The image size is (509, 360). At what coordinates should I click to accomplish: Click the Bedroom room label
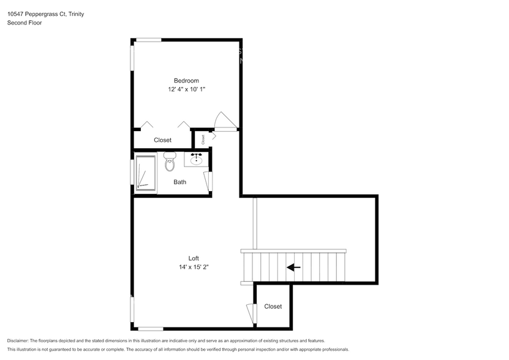pos(186,81)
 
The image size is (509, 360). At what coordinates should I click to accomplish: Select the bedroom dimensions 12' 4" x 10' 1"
pos(186,89)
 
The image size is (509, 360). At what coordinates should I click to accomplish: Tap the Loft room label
pos(194,258)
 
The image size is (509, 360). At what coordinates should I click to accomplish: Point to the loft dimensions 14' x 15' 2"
pos(194,267)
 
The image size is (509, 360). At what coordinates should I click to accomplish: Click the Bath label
pos(180,182)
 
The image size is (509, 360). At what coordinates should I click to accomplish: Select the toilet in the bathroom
pos(170,162)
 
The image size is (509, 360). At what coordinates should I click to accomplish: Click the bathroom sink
pos(197,159)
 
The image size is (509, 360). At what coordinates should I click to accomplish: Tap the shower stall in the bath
pos(146,173)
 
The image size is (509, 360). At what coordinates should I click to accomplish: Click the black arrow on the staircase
pos(293,267)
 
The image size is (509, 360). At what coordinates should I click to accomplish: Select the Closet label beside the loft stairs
pos(273,306)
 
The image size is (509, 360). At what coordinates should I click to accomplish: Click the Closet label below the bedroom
pos(162,140)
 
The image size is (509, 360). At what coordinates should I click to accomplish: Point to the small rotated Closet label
pos(203,139)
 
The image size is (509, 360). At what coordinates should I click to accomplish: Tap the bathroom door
pos(208,182)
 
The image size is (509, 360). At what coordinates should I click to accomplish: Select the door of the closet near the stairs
pos(251,313)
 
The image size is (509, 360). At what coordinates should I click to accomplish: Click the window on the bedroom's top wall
pos(148,40)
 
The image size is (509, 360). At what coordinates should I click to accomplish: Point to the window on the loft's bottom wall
pos(150,329)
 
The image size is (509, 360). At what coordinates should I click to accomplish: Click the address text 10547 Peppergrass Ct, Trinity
pos(46,13)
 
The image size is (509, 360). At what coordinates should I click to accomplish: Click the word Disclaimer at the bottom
pos(18,340)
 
